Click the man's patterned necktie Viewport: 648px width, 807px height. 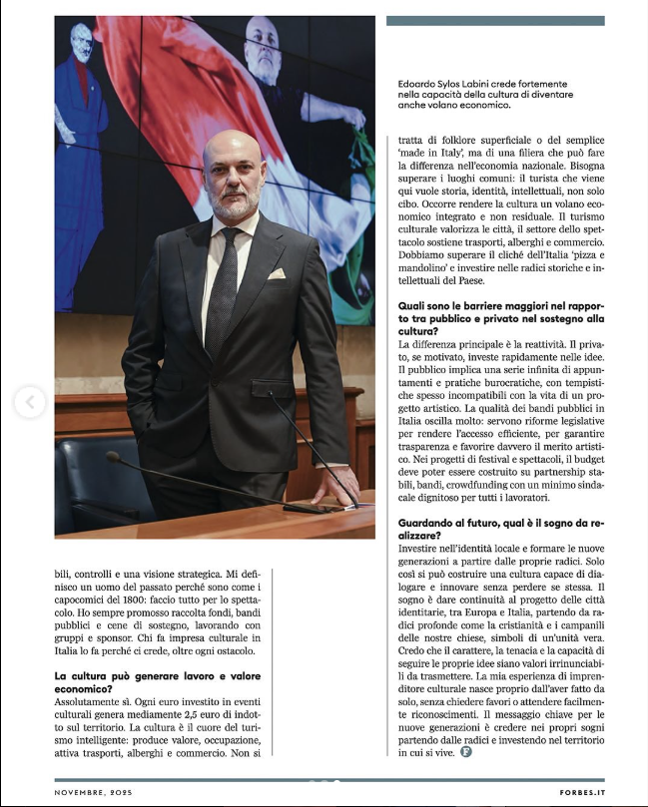(x=224, y=289)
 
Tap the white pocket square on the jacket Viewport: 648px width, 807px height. (x=275, y=273)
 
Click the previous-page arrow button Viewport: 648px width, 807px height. (x=30, y=403)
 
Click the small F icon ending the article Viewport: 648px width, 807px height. (x=465, y=752)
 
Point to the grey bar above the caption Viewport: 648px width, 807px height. (x=495, y=21)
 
